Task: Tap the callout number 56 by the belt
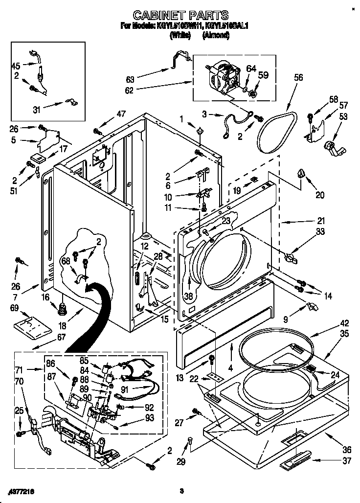(299, 77)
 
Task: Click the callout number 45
(16, 67)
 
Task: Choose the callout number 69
(14, 308)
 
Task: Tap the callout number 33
(320, 232)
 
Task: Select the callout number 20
(320, 195)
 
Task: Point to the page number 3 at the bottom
(181, 490)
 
